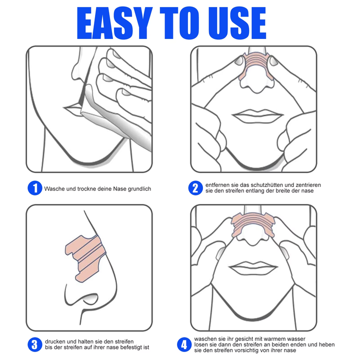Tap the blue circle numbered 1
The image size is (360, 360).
(34, 188)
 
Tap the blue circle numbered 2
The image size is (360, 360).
(195, 188)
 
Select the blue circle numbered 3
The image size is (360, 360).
(34, 344)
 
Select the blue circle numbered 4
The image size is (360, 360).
(184, 344)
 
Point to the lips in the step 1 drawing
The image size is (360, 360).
(72, 107)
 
